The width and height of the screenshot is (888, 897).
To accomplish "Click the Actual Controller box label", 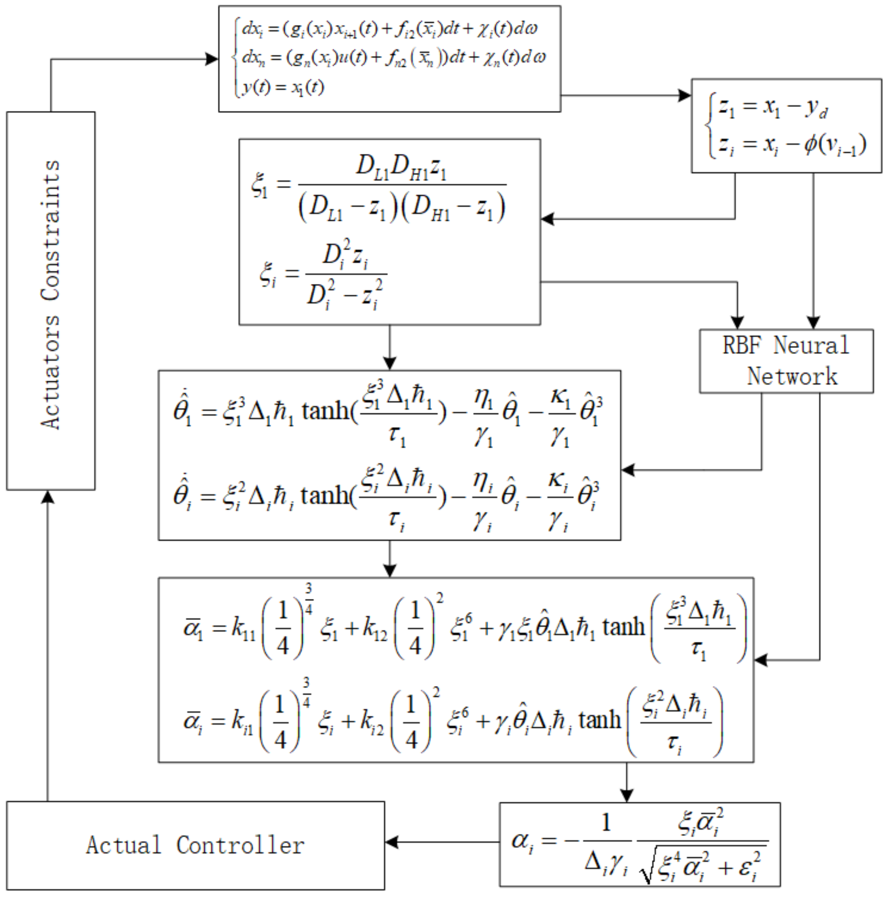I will pos(195,845).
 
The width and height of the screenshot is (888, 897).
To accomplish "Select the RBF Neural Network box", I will pos(786,361).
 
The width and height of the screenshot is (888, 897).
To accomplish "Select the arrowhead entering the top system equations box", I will pos(212,59).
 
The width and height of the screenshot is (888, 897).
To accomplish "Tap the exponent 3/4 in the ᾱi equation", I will pos(306,692).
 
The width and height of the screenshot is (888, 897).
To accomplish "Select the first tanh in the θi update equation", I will pos(325,496).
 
